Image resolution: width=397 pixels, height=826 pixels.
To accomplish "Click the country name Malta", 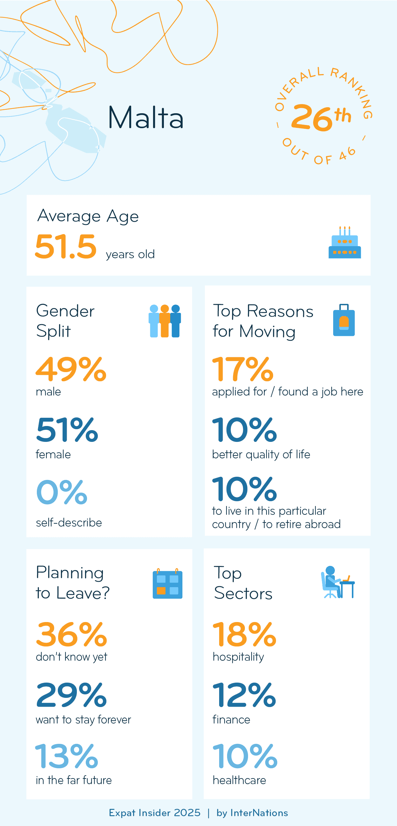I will (145, 118).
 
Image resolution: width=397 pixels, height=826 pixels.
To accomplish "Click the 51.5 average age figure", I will (66, 246).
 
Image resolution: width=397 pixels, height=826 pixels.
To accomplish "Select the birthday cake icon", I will (345, 243).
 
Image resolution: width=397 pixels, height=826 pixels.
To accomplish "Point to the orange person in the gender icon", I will (165, 321).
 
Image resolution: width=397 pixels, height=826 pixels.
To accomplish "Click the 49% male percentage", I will (71, 370).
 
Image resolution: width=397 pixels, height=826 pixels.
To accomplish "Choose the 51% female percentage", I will (67, 430).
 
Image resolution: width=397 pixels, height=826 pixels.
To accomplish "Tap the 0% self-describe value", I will (62, 492).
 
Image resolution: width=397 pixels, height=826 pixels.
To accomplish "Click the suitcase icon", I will (344, 320).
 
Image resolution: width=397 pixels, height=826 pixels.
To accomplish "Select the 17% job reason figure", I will (243, 370).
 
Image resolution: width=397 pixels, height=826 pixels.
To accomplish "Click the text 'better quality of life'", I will (261, 455).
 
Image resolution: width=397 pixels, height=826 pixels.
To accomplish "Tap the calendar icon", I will (167, 584).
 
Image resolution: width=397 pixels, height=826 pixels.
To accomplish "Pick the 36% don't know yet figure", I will (71, 635).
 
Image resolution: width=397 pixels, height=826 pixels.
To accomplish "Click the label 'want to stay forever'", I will (84, 720).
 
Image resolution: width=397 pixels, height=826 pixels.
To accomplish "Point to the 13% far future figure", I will (66, 757).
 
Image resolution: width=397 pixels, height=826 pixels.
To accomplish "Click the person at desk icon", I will (337, 582).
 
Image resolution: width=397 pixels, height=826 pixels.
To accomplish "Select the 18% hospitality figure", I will (244, 635).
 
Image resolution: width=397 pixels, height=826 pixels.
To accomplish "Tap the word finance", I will (231, 720).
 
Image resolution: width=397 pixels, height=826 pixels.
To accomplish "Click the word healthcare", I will (239, 780).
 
